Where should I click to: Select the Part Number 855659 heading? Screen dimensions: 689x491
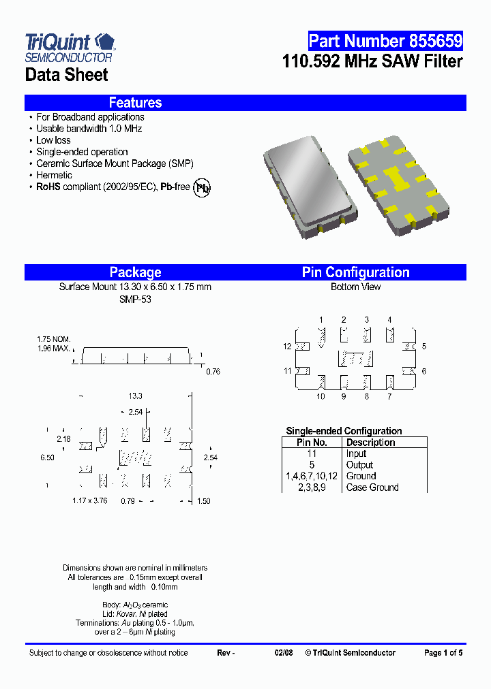[385, 42]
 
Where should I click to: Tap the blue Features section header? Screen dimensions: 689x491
[135, 103]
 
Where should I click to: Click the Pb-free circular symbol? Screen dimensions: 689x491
[202, 188]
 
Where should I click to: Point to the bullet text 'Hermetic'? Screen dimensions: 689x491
[54, 175]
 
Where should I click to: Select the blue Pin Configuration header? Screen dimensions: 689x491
[355, 272]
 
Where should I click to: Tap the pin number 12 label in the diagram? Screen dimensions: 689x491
[287, 347]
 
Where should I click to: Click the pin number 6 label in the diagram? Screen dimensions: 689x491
[423, 371]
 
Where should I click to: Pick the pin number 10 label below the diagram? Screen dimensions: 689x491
[321, 397]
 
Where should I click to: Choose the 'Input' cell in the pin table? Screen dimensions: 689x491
[356, 453]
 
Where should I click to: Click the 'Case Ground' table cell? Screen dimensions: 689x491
[372, 487]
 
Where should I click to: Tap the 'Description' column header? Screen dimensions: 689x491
[370, 443]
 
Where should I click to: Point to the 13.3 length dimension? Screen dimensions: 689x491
[136, 396]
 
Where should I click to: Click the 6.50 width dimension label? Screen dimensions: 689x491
[47, 458]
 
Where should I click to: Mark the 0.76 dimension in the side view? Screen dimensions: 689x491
[213, 371]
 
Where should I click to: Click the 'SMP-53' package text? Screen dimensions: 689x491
[135, 299]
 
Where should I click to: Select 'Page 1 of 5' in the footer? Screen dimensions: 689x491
[443, 653]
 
